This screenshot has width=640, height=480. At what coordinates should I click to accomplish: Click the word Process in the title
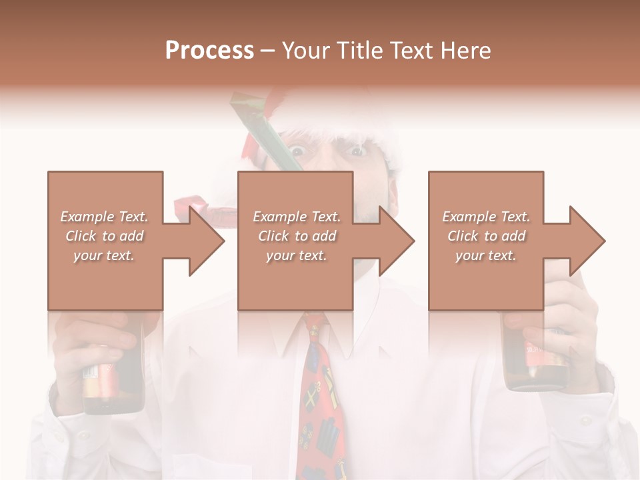pyautogui.click(x=209, y=51)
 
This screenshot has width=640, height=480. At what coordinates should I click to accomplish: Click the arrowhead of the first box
pyautogui.click(x=204, y=241)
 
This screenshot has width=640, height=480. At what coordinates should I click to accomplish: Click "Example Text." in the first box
pyautogui.click(x=105, y=217)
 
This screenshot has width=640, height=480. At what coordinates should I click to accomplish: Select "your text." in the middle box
pyautogui.click(x=297, y=255)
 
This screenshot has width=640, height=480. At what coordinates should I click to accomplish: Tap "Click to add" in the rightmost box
pyautogui.click(x=487, y=236)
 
